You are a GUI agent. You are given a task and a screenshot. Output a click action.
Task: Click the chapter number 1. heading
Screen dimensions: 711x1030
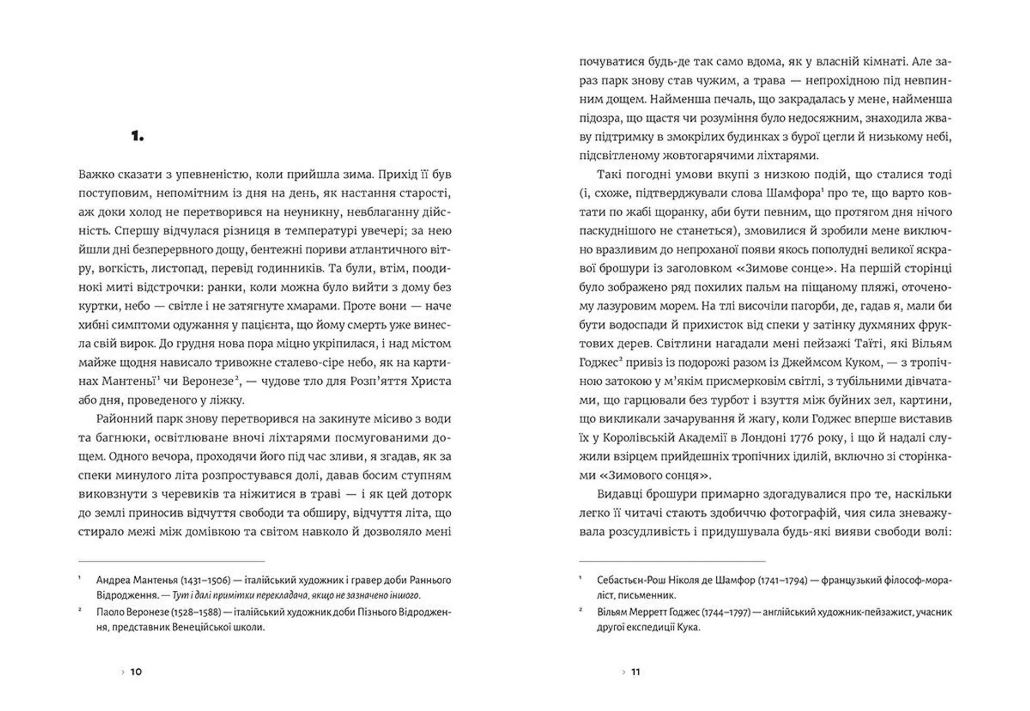[x=137, y=137]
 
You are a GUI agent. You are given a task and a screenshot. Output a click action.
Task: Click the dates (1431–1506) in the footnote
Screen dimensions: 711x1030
[x=205, y=581]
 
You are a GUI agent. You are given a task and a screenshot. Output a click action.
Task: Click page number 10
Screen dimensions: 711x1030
[x=136, y=672]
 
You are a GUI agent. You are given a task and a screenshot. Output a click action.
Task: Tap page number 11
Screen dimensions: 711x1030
[x=636, y=672]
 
